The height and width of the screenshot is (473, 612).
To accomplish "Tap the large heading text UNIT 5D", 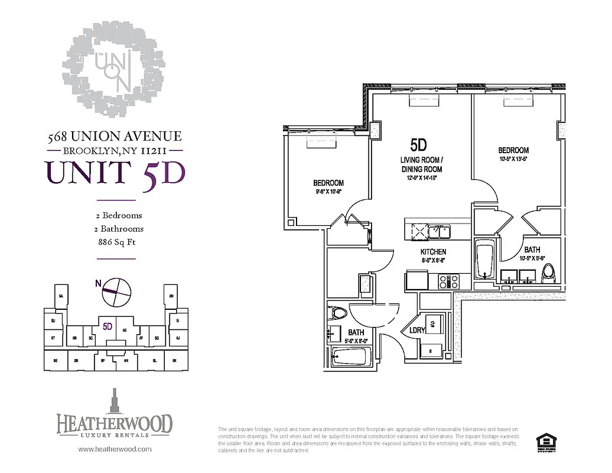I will tap(115, 171).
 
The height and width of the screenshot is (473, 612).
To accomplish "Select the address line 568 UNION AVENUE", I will tap(115, 137).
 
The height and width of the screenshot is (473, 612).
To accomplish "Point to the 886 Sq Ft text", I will tap(115, 242).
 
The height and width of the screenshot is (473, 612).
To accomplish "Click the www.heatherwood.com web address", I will tap(115, 449).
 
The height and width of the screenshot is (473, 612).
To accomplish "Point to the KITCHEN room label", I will tap(433, 252).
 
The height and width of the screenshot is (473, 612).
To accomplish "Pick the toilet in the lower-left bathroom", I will tap(340, 313).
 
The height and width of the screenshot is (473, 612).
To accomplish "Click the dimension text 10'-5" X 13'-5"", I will tap(513, 159).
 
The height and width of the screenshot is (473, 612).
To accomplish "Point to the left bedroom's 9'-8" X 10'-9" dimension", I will tap(328, 192).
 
